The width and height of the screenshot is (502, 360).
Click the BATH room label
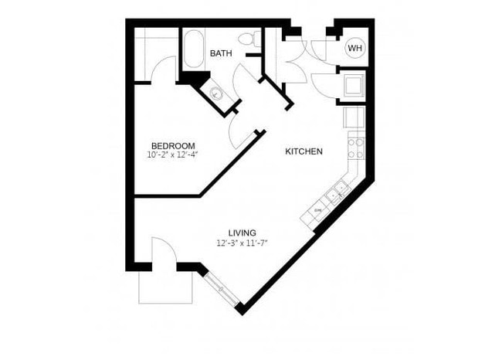pos(221,53)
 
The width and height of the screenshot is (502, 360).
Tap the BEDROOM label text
pos(172,145)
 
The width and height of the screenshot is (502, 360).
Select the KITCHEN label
pos(304,151)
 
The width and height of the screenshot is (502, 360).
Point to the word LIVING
pos(242,233)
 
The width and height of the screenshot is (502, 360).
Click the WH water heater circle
pos(354,49)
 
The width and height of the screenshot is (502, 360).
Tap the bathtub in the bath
pos(193,49)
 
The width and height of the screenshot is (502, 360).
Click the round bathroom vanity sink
pos(217,94)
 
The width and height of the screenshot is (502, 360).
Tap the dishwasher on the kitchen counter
pos(317,211)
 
